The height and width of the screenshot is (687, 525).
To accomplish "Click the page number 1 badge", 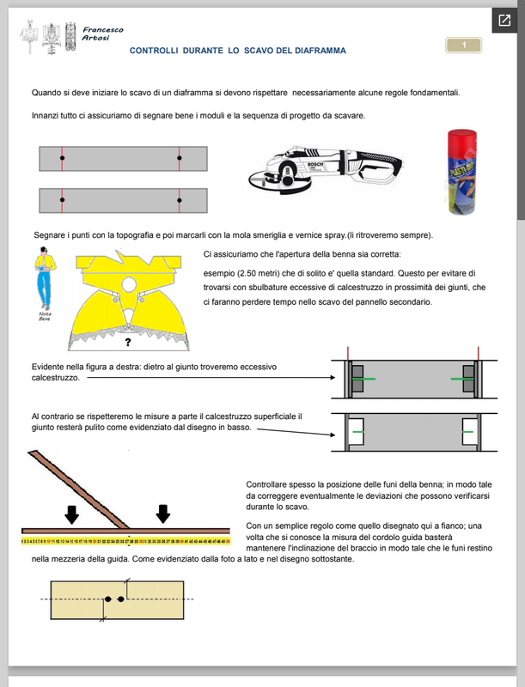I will point(464,46).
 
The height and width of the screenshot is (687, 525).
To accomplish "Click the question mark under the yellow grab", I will point(127,343).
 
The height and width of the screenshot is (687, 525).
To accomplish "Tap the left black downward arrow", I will point(71,514).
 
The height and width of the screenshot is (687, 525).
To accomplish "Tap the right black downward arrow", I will point(162,514).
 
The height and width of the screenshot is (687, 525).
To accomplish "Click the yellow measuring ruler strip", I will point(125,542).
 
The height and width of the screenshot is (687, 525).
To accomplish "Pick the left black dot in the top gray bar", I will point(62,159).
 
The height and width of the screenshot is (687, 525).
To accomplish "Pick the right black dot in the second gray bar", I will point(179,200).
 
